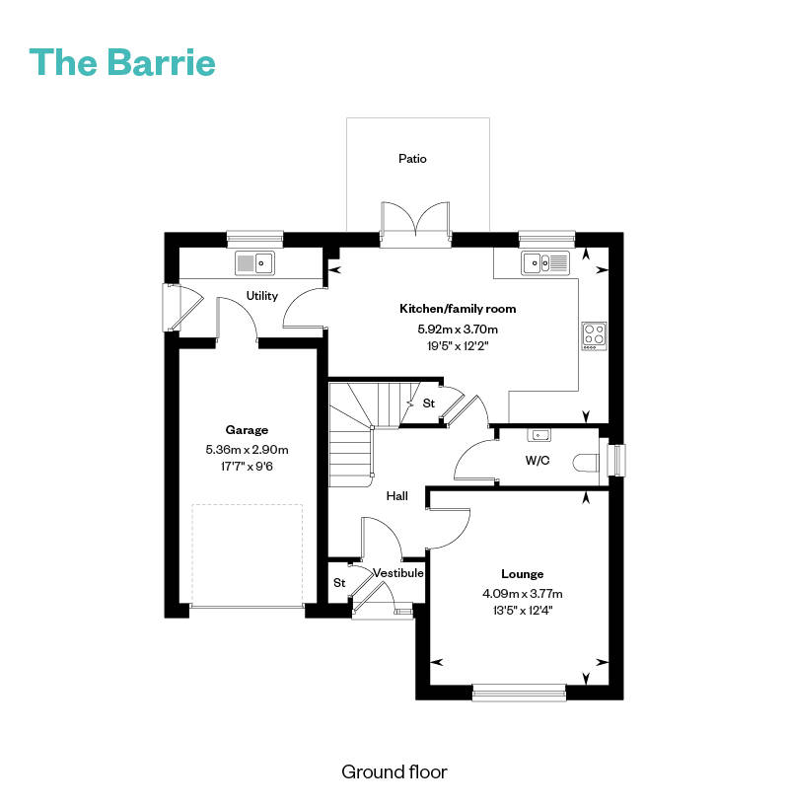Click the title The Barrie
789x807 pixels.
122,62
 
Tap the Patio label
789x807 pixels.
412,159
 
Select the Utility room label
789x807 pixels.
262,296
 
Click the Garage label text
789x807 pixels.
247,430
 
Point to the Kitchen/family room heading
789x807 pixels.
458,309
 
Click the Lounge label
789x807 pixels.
523,574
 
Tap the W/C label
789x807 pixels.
538,460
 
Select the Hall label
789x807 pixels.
396,495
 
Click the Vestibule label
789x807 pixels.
398,573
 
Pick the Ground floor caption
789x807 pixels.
394,772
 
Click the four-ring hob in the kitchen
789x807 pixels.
595,336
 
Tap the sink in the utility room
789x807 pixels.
254,263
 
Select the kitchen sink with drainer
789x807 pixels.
545,263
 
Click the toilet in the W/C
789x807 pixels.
586,462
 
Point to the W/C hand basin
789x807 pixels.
538,435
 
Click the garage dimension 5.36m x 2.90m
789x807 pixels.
247,449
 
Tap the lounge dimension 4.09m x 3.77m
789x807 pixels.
523,594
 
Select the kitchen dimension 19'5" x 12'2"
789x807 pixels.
458,346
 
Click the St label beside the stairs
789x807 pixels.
429,403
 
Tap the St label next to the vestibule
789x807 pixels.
339,583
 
